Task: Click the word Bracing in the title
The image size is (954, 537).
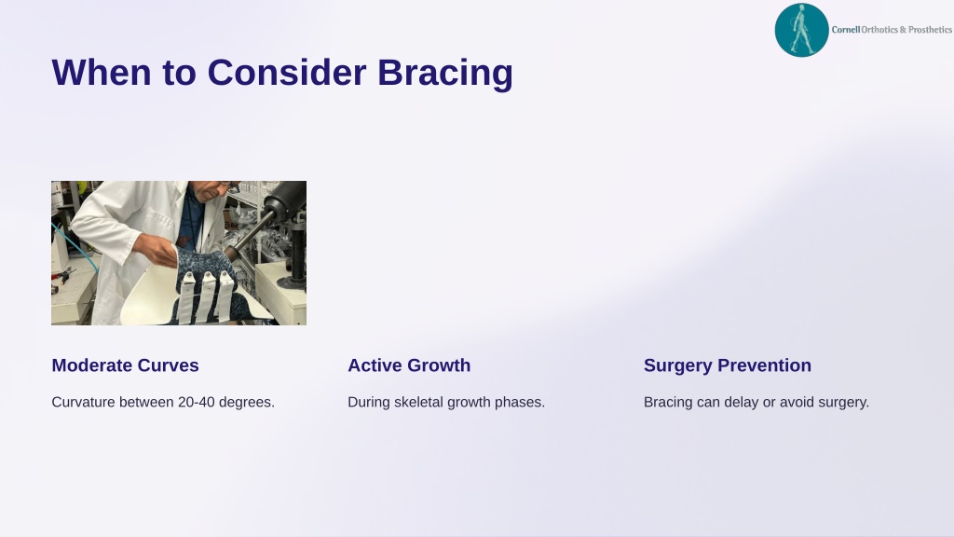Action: (445, 73)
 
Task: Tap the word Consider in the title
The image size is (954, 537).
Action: (287, 73)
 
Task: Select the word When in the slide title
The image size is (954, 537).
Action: (102, 73)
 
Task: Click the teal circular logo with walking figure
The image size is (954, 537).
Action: (801, 30)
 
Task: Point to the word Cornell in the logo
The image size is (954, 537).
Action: (846, 29)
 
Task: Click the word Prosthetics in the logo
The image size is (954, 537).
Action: (930, 29)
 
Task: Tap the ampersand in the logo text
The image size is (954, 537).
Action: (903, 29)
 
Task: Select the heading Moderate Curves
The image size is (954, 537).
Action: (126, 365)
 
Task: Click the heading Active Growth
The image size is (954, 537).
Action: (409, 365)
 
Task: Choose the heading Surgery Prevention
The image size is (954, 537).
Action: (727, 365)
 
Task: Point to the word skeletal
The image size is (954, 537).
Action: (417, 403)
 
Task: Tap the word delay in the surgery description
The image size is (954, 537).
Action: (741, 403)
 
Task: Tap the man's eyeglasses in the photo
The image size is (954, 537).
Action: (226, 184)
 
